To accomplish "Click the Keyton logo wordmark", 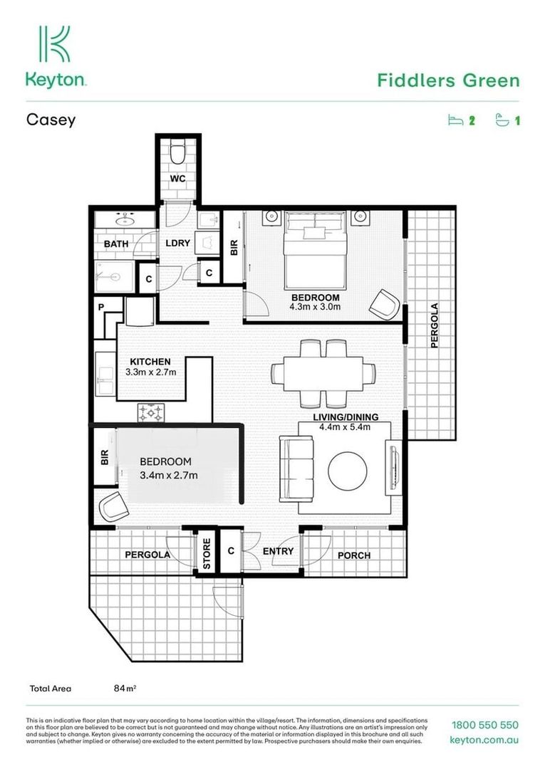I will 56,80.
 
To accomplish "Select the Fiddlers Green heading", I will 448,80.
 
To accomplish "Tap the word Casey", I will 51,120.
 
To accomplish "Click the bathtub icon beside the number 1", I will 504,120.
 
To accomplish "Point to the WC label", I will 177,179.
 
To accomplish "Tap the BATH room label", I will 116,244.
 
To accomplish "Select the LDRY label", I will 177,244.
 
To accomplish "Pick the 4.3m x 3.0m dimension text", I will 315,308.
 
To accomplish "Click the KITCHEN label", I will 150,362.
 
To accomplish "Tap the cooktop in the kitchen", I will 151,412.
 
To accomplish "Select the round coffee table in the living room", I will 348,470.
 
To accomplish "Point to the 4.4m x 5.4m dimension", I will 346,427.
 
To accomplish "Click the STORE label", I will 207,555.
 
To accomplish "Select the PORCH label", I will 354,555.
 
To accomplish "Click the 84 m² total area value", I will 125,689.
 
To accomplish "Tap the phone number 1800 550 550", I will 484,726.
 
